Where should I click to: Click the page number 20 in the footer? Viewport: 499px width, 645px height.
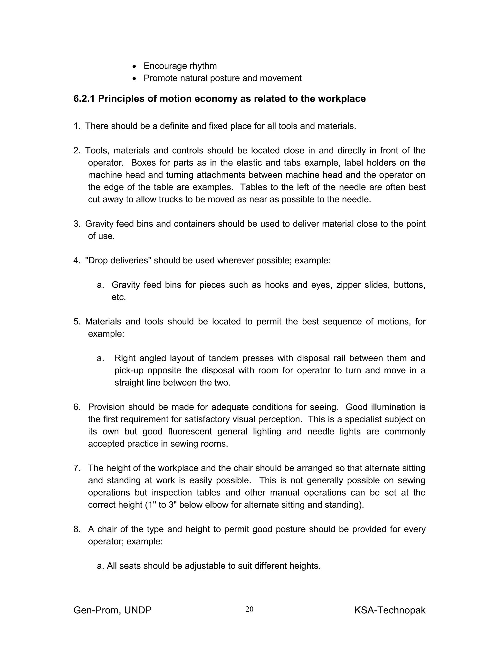pos(249,609)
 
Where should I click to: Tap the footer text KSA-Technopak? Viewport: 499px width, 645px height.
pos(390,610)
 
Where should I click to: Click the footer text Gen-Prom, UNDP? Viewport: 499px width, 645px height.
pos(112,610)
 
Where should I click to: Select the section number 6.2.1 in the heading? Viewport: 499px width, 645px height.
pos(84,99)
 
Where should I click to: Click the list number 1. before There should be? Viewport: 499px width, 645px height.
pos(77,126)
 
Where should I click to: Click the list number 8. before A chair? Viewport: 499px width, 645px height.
pos(77,529)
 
